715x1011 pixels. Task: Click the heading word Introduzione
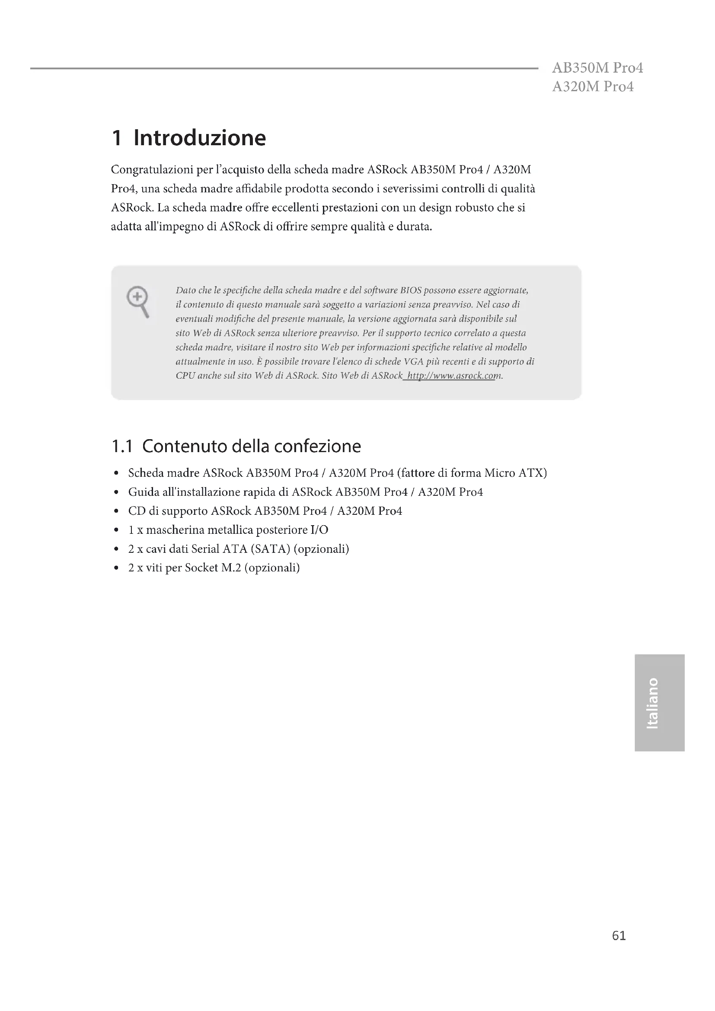(x=199, y=138)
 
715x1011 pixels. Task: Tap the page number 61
(x=619, y=936)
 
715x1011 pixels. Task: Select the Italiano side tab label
(x=652, y=703)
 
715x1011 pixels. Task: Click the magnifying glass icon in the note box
(x=138, y=301)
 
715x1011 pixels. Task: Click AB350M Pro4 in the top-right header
(x=597, y=68)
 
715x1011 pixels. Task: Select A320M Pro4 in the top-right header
(x=593, y=87)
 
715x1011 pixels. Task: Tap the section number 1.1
(x=122, y=446)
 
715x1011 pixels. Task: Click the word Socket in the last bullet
(x=201, y=568)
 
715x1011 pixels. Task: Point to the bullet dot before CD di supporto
(x=116, y=512)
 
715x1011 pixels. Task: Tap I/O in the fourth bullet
(x=319, y=530)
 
